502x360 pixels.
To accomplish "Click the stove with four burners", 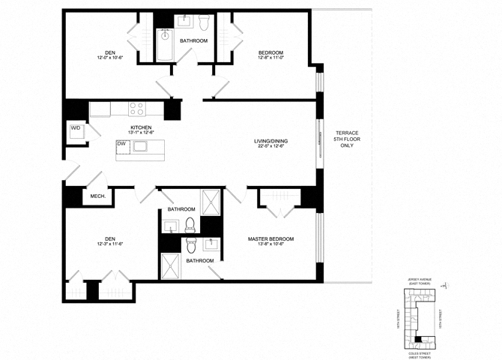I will point(136,109).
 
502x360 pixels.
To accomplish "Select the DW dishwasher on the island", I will point(121,143).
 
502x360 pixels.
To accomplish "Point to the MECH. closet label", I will point(97,196).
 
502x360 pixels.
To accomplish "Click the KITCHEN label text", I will point(141,127).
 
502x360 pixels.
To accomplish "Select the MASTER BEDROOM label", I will point(270,239).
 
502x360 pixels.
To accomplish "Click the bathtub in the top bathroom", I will point(165,45).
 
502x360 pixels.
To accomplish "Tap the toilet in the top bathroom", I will point(185,21).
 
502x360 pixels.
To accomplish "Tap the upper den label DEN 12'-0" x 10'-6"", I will point(109,55).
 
